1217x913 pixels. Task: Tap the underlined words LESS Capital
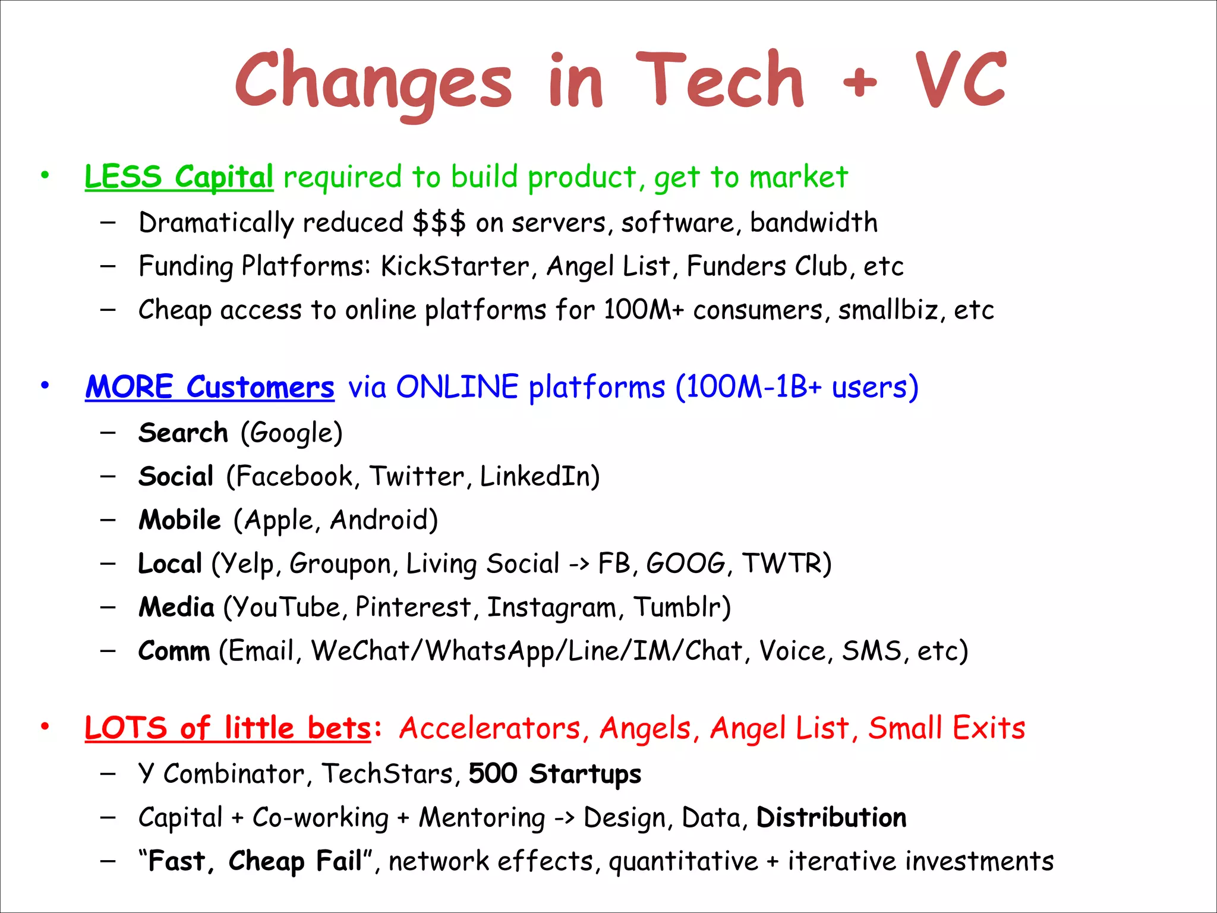pos(179,177)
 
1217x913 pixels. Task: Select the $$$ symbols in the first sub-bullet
pos(439,223)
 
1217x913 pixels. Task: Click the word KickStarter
pos(455,266)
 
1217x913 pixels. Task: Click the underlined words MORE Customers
pos(210,388)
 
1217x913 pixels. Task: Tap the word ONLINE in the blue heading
pos(457,387)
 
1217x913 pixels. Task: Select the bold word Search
pos(183,433)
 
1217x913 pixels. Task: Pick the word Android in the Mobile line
pos(379,520)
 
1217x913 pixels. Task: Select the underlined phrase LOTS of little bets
pos(228,729)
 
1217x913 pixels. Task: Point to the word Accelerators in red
pos(490,729)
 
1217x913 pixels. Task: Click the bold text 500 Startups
pos(555,774)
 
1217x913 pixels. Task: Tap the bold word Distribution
pos(831,818)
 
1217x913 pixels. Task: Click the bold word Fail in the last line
pos(339,861)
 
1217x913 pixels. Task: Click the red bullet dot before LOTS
pos(45,726)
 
